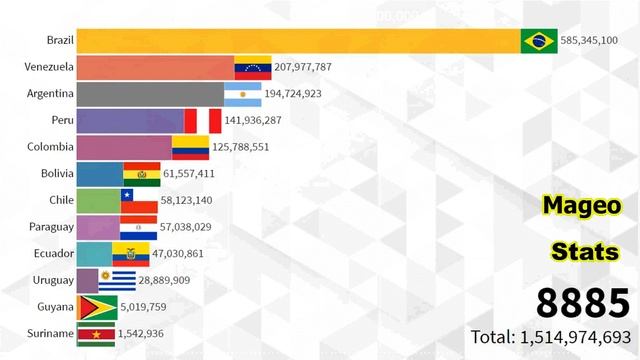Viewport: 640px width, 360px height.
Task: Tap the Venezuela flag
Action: tap(254, 68)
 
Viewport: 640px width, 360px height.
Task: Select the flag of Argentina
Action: tap(242, 95)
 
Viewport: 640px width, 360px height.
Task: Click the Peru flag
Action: tap(203, 122)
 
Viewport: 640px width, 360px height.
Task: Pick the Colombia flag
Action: tap(190, 148)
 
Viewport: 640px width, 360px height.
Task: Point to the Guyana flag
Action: tap(97, 307)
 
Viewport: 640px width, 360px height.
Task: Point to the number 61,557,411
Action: tap(196, 174)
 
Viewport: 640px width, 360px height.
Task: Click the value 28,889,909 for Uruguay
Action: tap(172, 281)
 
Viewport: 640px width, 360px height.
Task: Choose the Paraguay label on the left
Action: tap(48, 227)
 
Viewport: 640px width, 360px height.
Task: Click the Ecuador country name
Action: tap(51, 254)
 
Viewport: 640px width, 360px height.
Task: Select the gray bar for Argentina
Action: tap(149, 95)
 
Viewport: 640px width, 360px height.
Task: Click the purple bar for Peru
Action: tap(130, 122)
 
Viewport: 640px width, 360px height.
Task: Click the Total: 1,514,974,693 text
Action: tap(551, 337)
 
